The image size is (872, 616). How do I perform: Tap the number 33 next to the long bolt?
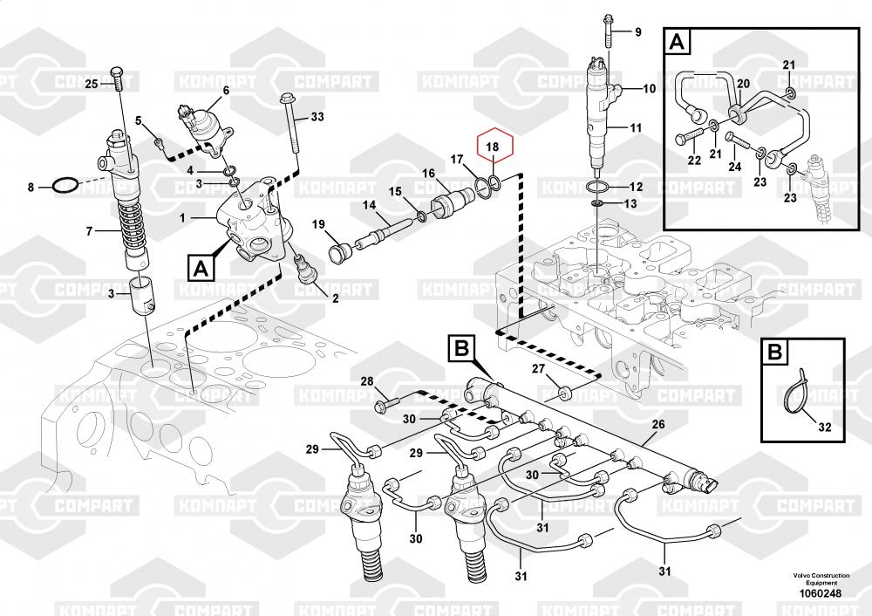317,117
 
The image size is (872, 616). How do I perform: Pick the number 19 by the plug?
319,225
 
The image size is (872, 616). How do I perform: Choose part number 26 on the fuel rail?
658,425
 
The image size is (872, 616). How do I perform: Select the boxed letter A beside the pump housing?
201,267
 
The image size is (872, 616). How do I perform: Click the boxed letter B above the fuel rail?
461,350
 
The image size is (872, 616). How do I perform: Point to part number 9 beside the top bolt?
637,32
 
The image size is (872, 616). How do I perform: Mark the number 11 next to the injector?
636,128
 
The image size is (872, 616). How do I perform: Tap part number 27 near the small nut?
539,370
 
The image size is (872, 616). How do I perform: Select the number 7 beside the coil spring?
88,231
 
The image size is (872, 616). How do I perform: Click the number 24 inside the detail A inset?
735,168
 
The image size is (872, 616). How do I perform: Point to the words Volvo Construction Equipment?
814,579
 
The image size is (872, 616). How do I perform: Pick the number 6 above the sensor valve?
226,90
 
